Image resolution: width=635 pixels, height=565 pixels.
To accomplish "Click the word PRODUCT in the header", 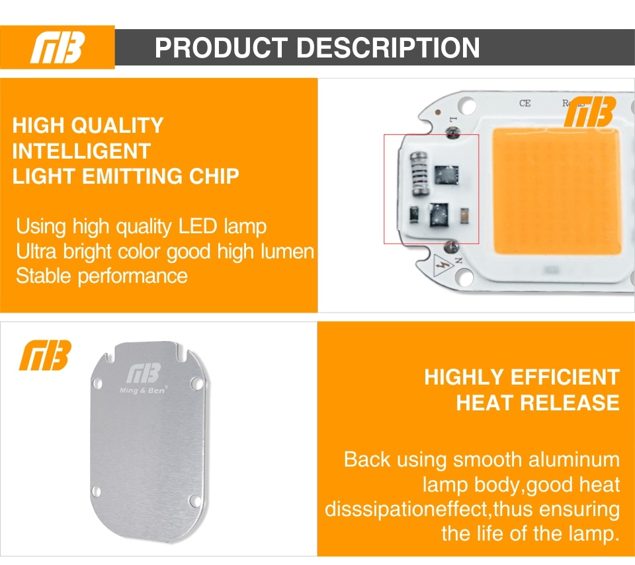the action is [x=221, y=48].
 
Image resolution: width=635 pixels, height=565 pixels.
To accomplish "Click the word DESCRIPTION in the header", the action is [x=388, y=48].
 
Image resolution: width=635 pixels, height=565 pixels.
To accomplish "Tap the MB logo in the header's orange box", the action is [x=58, y=48].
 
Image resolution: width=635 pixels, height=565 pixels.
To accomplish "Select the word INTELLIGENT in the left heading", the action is [x=81, y=151].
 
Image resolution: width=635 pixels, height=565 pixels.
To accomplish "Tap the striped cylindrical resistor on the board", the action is [x=419, y=174].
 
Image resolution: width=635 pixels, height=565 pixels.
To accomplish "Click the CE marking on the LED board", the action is [x=525, y=104].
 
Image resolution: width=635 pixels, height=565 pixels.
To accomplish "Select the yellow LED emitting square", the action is [x=556, y=191].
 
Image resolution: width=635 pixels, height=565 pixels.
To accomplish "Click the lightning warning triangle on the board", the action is [x=443, y=266].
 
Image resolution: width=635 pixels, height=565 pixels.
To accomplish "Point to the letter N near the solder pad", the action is [x=458, y=260].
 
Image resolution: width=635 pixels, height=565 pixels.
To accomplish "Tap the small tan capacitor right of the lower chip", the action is [x=465, y=215].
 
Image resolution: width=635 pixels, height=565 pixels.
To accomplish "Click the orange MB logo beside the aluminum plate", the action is [x=45, y=355].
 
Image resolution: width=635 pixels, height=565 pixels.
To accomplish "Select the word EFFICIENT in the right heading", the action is [x=565, y=377].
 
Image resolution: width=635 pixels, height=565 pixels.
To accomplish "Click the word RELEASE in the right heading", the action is [x=570, y=402].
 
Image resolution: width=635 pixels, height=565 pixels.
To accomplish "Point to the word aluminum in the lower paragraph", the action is [x=574, y=460].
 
